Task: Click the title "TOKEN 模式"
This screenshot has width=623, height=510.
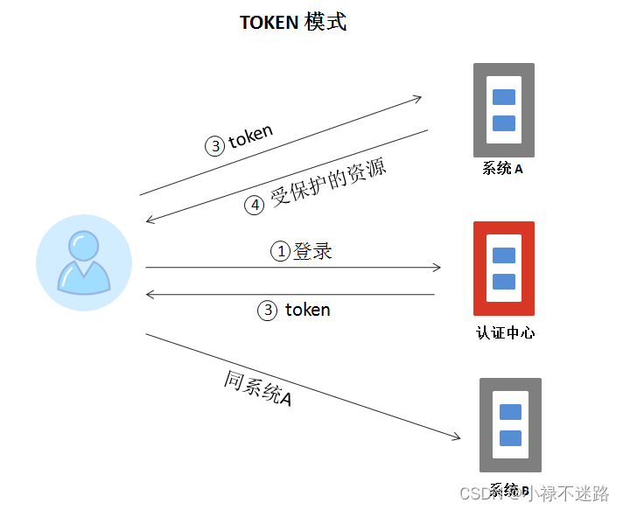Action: point(293,23)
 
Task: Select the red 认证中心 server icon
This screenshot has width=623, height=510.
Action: point(503,269)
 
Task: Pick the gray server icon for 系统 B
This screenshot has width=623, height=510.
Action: point(510,425)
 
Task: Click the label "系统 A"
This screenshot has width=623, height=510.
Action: point(503,168)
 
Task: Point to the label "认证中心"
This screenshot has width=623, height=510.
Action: point(505,332)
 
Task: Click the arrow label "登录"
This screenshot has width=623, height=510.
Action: point(312,251)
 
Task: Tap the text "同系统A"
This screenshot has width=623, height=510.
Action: point(258,388)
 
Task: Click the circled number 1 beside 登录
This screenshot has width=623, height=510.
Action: point(281,252)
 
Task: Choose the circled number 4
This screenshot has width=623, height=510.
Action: point(254,206)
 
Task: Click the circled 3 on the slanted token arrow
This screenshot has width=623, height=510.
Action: point(215,146)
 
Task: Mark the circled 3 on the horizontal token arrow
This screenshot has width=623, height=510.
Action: point(268,310)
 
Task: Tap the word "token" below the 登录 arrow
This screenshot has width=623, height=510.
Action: point(307,310)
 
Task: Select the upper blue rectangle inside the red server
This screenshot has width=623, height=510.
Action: point(503,256)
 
